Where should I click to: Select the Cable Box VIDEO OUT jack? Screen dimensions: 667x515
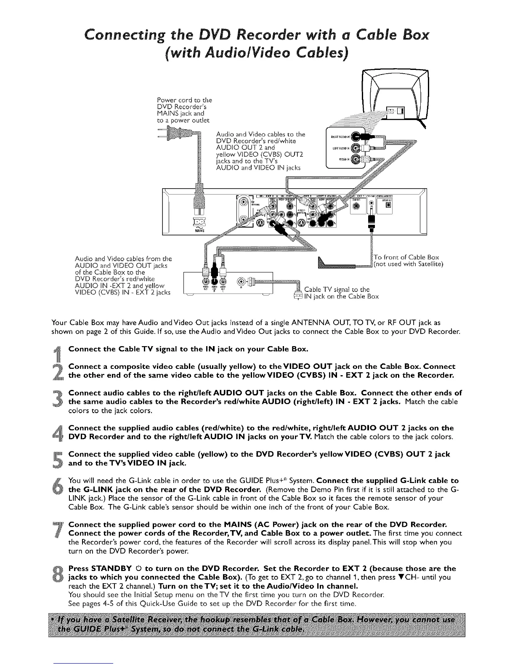click(x=205, y=281)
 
